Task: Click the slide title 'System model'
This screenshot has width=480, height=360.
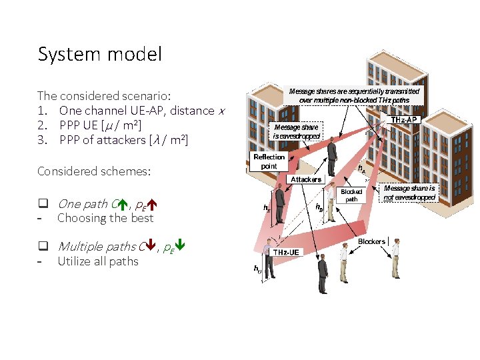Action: (99, 54)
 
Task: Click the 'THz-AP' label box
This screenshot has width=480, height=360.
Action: (404, 120)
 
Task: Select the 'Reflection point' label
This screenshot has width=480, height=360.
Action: (269, 161)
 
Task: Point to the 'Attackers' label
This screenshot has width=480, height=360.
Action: (306, 179)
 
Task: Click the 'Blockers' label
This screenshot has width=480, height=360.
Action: (371, 241)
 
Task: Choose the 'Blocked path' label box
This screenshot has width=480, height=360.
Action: (351, 195)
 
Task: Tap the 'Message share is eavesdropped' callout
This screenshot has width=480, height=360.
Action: (296, 131)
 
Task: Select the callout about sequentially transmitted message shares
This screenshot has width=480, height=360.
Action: (354, 95)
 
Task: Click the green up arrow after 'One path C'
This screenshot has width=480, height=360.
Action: (123, 204)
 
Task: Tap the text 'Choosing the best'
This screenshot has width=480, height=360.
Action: (105, 218)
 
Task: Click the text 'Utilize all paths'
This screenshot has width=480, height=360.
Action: (98, 261)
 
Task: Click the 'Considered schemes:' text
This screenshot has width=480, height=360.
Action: (94, 171)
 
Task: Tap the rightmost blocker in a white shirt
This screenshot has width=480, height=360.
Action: (395, 258)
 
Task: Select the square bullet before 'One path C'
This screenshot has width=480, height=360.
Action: (42, 204)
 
